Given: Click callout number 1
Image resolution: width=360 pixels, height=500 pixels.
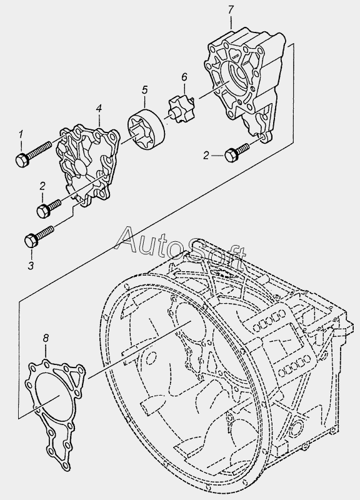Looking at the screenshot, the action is coord(21,134).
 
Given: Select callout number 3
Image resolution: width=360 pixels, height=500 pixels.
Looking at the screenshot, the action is coord(31,265).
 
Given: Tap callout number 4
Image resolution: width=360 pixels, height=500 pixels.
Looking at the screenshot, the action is coord(99,109).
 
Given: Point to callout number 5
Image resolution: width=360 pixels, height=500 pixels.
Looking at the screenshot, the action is coord(144,89).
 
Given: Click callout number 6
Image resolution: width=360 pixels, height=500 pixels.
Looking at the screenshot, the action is coord(184,77).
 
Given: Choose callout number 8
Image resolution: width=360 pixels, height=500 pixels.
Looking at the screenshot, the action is coord(46,337).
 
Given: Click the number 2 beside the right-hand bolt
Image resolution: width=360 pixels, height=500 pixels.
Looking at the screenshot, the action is coord(206,156).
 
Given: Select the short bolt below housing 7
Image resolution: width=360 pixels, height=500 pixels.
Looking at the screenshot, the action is coord(237,152).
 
